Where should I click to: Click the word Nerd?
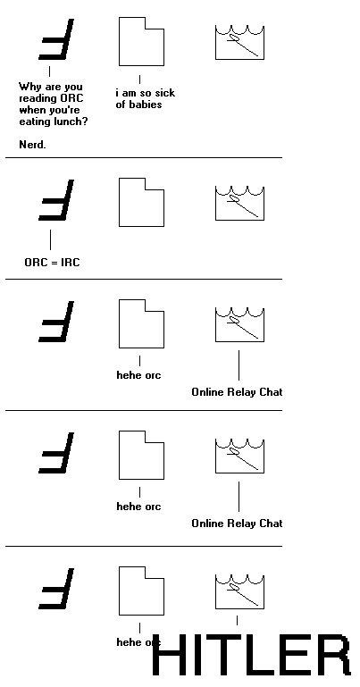point(32,145)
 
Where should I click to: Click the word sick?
point(165,93)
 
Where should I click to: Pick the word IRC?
point(70,263)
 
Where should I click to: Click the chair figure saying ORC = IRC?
point(56,200)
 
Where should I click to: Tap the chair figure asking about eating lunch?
point(56,39)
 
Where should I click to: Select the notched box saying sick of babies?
point(141,42)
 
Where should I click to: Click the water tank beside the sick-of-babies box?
point(239,43)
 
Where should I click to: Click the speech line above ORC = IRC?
point(50,239)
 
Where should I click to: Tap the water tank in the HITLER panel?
point(239,592)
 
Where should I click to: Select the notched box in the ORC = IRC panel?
point(141,203)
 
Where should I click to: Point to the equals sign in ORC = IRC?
point(51,263)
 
